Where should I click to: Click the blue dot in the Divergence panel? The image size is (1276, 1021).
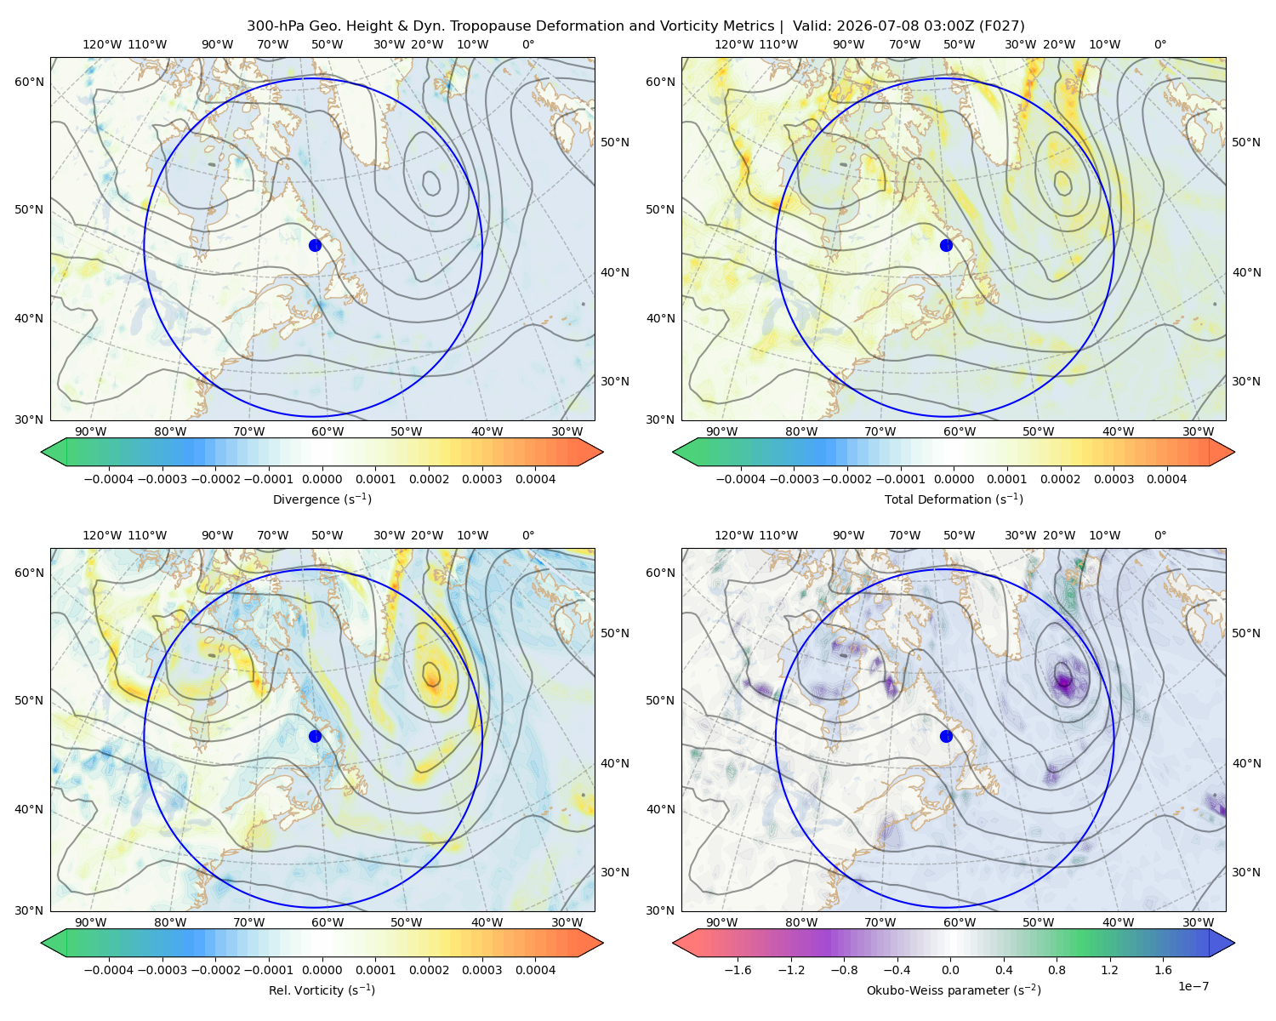[315, 245]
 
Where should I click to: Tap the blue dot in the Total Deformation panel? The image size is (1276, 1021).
[946, 245]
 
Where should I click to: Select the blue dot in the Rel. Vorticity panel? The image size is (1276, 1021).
[315, 736]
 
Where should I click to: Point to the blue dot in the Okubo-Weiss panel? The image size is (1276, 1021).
[946, 736]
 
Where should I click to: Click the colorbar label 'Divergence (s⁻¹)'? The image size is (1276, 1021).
[322, 499]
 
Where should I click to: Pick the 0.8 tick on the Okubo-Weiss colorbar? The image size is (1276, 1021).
[1057, 969]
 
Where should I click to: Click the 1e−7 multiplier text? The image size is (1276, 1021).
[1193, 986]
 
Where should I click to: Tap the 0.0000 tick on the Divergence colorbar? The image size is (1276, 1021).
[322, 479]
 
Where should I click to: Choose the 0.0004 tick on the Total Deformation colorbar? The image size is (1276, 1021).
[1166, 479]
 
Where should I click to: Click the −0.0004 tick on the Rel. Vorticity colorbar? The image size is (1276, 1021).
[109, 969]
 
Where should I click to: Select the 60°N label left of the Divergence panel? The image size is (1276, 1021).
[29, 82]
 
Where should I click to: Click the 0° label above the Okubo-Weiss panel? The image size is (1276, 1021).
[1159, 535]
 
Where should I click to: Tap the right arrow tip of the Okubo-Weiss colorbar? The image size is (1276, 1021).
[1234, 942]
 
